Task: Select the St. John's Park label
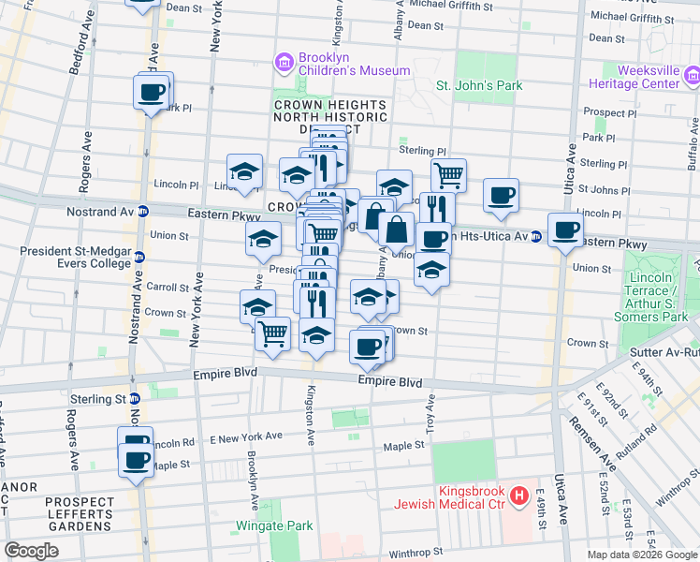479,86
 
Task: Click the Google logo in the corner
31,550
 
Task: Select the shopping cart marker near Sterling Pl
449,174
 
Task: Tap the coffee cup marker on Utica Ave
565,229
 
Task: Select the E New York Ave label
246,436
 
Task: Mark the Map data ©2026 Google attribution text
641,555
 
